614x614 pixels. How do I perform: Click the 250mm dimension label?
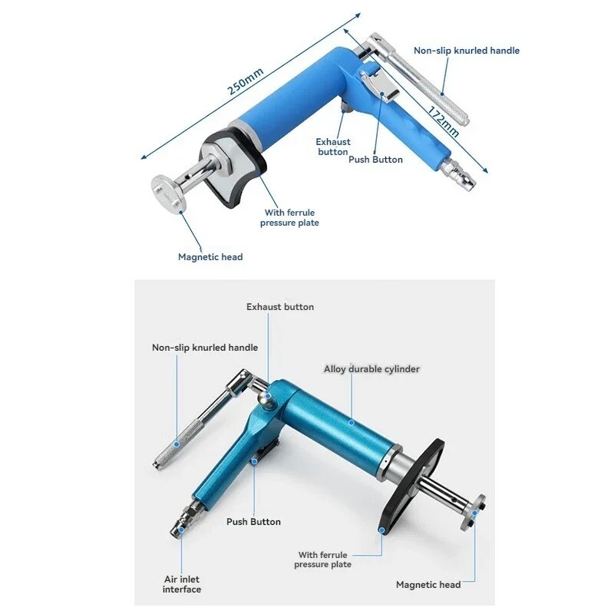245,78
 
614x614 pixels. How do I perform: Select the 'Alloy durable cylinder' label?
371,369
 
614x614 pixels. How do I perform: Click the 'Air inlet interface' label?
182,584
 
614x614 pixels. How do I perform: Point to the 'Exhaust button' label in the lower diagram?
280,307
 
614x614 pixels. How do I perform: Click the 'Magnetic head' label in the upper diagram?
210,257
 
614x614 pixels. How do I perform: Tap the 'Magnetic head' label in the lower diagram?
428,585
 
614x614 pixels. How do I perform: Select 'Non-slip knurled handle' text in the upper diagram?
467,51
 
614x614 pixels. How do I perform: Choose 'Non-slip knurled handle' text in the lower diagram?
205,348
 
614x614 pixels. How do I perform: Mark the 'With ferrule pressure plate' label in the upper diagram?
289,218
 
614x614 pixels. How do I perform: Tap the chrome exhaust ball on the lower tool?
266,398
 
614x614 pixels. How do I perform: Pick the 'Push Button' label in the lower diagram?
253,522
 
